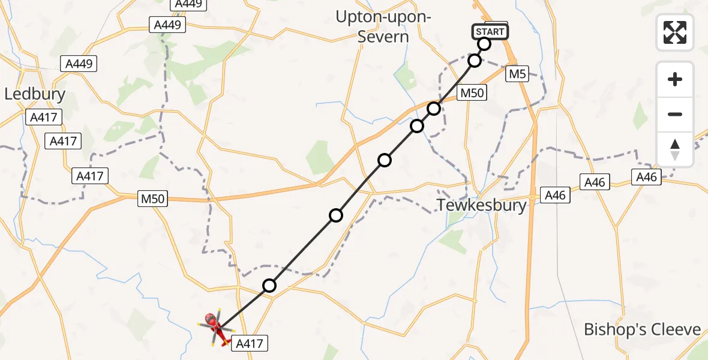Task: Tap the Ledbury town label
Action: [35, 94]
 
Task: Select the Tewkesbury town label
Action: [482, 205]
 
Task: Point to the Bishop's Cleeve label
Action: [643, 329]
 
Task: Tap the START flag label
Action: [490, 31]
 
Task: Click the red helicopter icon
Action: [217, 328]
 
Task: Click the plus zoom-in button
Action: [675, 79]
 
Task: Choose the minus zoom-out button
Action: [675, 114]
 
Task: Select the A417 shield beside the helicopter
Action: [248, 343]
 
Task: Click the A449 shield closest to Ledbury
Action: [79, 64]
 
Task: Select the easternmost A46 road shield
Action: [647, 176]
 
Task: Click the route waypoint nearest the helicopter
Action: [269, 286]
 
